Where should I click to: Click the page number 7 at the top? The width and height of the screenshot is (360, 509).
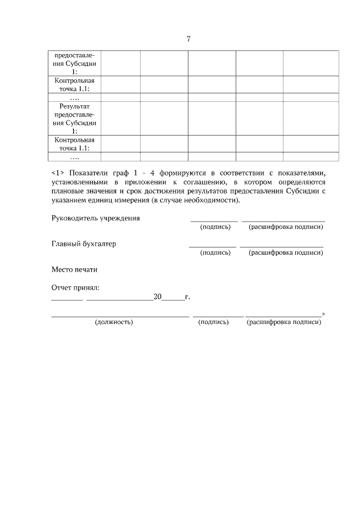tap(188, 39)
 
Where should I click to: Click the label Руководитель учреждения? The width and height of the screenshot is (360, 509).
tap(96, 218)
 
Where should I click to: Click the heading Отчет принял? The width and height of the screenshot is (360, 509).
tap(75, 288)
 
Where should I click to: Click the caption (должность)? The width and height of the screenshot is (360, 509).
tap(114, 322)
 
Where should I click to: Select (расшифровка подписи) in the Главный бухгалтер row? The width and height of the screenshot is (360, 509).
tap(285, 253)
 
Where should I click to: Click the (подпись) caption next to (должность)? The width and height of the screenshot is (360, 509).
tap(213, 322)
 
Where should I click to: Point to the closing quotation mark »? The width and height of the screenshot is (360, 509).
tap(323, 314)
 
